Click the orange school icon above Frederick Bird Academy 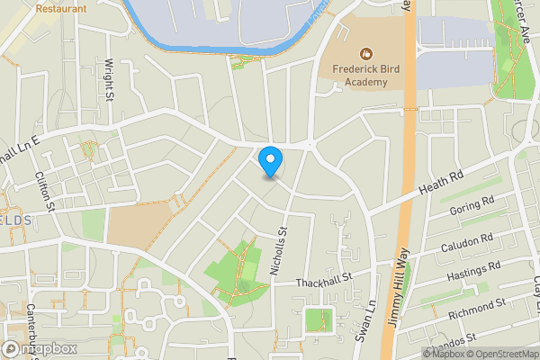pos(365,54)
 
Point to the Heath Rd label pos(441,182)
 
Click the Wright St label pos(109,79)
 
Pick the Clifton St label pos(45,191)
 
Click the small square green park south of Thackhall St pos(316,319)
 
